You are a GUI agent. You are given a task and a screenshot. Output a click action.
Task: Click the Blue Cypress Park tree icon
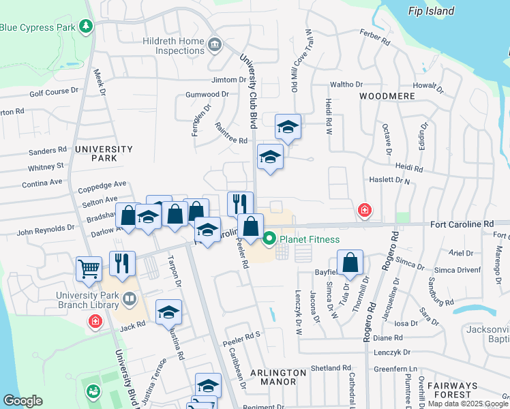click(86, 27)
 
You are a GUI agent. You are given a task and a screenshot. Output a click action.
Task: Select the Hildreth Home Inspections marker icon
click(215, 46)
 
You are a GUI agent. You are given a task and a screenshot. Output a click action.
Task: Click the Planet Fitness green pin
click(269, 239)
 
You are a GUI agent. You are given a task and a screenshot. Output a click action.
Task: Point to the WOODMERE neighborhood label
click(387, 96)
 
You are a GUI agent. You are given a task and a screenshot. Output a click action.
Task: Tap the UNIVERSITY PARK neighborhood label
click(104, 153)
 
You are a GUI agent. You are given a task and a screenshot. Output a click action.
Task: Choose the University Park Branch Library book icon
click(129, 299)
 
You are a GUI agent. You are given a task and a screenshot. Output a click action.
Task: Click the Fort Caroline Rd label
click(461, 224)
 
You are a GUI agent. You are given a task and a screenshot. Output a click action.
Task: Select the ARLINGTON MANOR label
click(278, 377)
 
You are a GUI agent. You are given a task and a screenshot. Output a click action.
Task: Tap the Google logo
click(22, 401)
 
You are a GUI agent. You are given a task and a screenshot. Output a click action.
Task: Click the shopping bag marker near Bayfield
click(350, 262)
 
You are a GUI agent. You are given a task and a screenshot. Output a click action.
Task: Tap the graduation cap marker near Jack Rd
click(168, 312)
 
